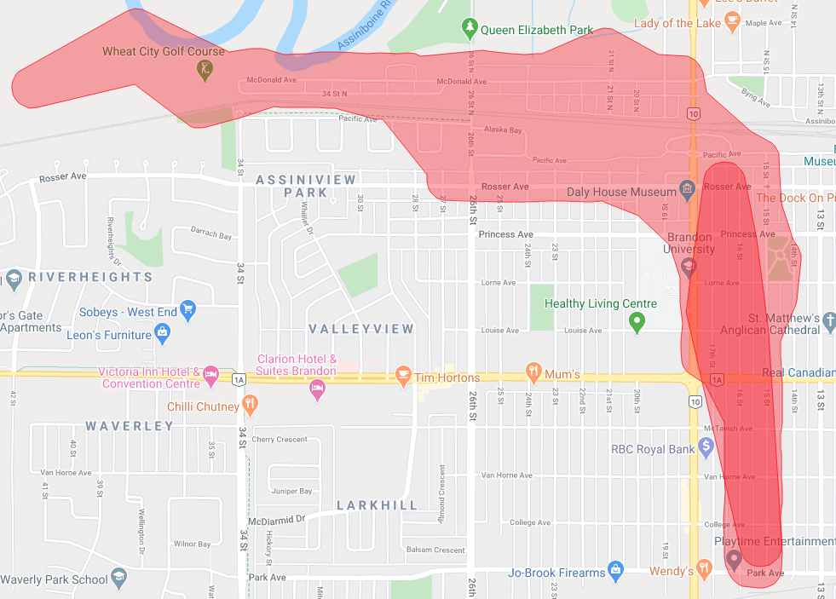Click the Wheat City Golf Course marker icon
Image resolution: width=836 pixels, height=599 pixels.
205,72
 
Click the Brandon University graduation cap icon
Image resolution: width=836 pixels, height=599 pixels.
689,267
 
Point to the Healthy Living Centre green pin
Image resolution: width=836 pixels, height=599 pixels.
636,322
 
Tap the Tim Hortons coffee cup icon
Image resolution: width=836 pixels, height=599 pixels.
404,375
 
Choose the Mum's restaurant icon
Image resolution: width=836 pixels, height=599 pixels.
533,371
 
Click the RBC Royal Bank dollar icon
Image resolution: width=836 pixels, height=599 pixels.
706,445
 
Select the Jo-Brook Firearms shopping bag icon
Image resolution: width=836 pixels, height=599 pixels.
615,569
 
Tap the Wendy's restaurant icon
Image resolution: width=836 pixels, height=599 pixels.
704,567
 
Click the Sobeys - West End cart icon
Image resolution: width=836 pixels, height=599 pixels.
188,308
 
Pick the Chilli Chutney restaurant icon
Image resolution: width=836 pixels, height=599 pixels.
250,403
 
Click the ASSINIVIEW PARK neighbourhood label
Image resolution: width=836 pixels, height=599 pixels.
291,186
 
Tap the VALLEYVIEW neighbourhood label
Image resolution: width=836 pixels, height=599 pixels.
360,329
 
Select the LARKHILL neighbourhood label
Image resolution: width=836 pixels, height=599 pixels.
377,505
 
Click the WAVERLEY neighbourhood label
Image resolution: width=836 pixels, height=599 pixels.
129,426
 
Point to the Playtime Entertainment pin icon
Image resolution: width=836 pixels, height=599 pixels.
733,559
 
